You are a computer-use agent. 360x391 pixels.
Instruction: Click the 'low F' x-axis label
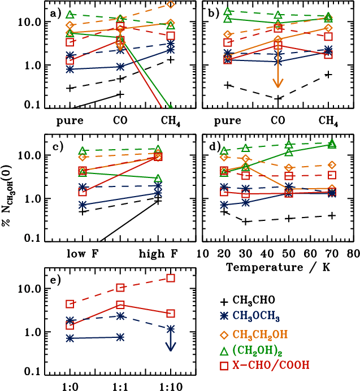pyautogui.click(x=83, y=253)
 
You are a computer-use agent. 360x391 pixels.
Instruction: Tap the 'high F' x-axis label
pyautogui.click(x=158, y=253)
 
